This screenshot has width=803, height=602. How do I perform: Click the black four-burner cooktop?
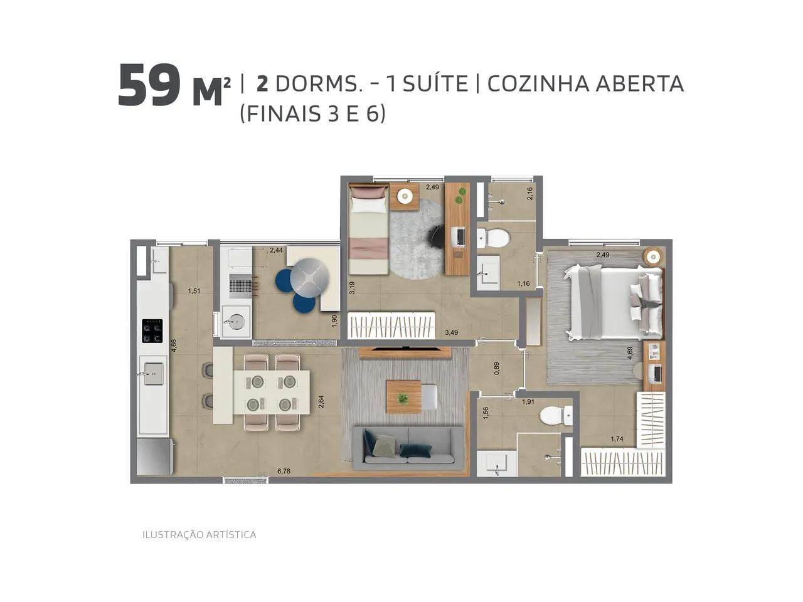(x=152, y=331)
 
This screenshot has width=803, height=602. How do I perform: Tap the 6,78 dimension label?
(x=284, y=471)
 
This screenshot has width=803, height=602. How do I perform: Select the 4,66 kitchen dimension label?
(x=174, y=346)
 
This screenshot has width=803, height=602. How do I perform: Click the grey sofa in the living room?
(x=408, y=448)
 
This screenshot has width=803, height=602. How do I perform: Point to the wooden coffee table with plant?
(x=403, y=397)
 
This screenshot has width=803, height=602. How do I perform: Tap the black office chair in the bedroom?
(x=436, y=237)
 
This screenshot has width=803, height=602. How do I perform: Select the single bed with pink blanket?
(x=368, y=229)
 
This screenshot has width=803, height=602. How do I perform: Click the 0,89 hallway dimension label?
(x=496, y=369)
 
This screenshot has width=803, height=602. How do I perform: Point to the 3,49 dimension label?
(x=451, y=332)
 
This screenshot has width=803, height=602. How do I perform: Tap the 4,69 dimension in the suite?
(x=630, y=353)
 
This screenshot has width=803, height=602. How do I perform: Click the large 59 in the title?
(x=149, y=86)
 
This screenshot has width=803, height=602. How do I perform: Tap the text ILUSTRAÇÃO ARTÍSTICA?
(x=199, y=534)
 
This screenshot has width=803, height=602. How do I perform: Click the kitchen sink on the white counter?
(x=153, y=374)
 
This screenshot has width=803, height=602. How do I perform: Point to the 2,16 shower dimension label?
(x=529, y=193)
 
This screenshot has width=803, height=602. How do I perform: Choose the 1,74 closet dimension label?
(x=617, y=439)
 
